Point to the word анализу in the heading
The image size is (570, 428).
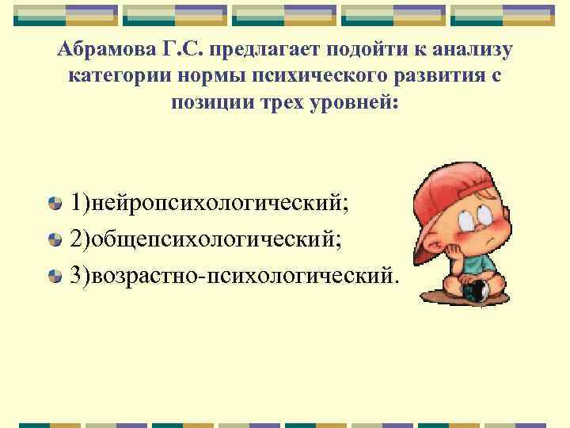pos(472,50)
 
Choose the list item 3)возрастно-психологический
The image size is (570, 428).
pos(234,275)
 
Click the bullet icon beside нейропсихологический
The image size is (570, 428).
pos(54,204)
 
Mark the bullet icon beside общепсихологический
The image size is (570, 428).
pos(54,239)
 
